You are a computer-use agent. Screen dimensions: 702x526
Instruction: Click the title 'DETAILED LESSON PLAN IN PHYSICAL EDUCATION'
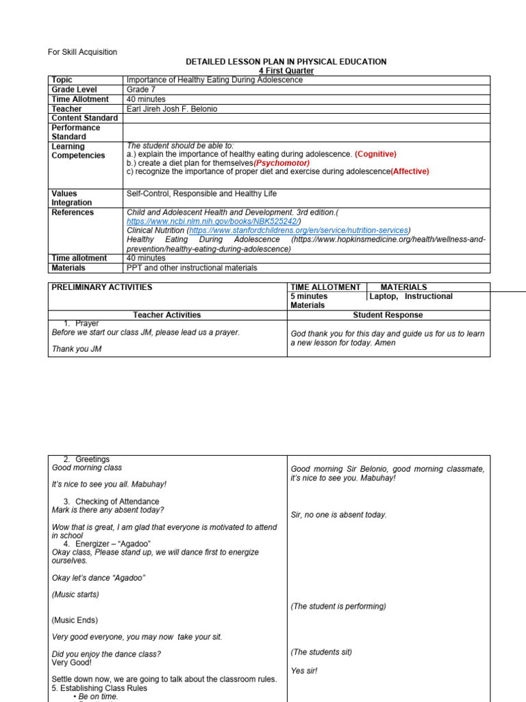pyautogui.click(x=286, y=62)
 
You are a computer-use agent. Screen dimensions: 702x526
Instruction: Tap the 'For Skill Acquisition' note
pyautogui.click(x=82, y=52)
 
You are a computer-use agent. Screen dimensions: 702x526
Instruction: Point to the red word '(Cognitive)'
pyautogui.click(x=375, y=154)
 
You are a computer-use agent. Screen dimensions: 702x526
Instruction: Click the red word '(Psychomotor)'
pyautogui.click(x=281, y=163)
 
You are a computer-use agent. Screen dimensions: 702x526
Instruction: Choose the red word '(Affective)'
pyautogui.click(x=410, y=172)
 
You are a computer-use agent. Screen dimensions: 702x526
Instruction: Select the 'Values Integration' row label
pyautogui.click(x=71, y=198)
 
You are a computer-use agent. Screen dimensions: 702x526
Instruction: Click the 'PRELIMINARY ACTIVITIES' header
pyautogui.click(x=102, y=287)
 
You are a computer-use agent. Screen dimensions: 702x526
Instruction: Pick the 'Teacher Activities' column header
pyautogui.click(x=167, y=315)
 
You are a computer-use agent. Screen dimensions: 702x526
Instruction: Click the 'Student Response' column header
pyautogui.click(x=388, y=315)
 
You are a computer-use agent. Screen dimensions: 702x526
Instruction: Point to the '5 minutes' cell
pyautogui.click(x=309, y=297)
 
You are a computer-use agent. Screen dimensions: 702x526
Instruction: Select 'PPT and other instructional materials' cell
pyautogui.click(x=192, y=268)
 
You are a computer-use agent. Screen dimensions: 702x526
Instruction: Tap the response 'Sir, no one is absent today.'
pyautogui.click(x=339, y=515)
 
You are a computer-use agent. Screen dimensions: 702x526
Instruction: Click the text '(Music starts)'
pyautogui.click(x=75, y=594)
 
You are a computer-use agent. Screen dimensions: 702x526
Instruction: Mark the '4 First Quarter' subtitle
pyautogui.click(x=286, y=71)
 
